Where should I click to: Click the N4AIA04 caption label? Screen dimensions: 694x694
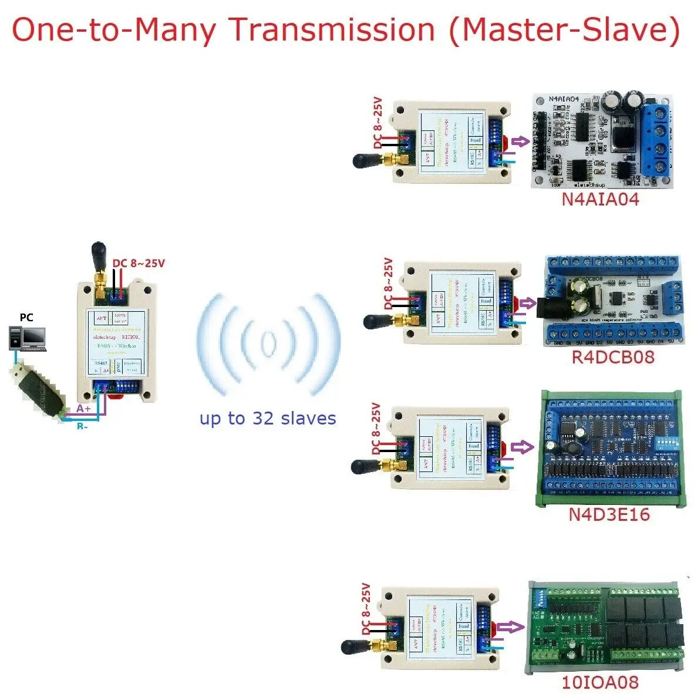tap(600, 199)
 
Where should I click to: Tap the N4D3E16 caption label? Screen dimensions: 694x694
tap(609, 514)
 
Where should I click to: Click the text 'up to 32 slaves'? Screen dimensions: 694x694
tap(268, 418)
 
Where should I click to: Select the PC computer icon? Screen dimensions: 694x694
tap(27, 338)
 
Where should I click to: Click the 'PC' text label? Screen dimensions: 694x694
tap(26, 318)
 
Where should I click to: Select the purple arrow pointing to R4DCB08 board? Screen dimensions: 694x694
tap(528, 303)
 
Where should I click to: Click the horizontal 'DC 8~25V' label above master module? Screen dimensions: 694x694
tap(139, 263)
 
